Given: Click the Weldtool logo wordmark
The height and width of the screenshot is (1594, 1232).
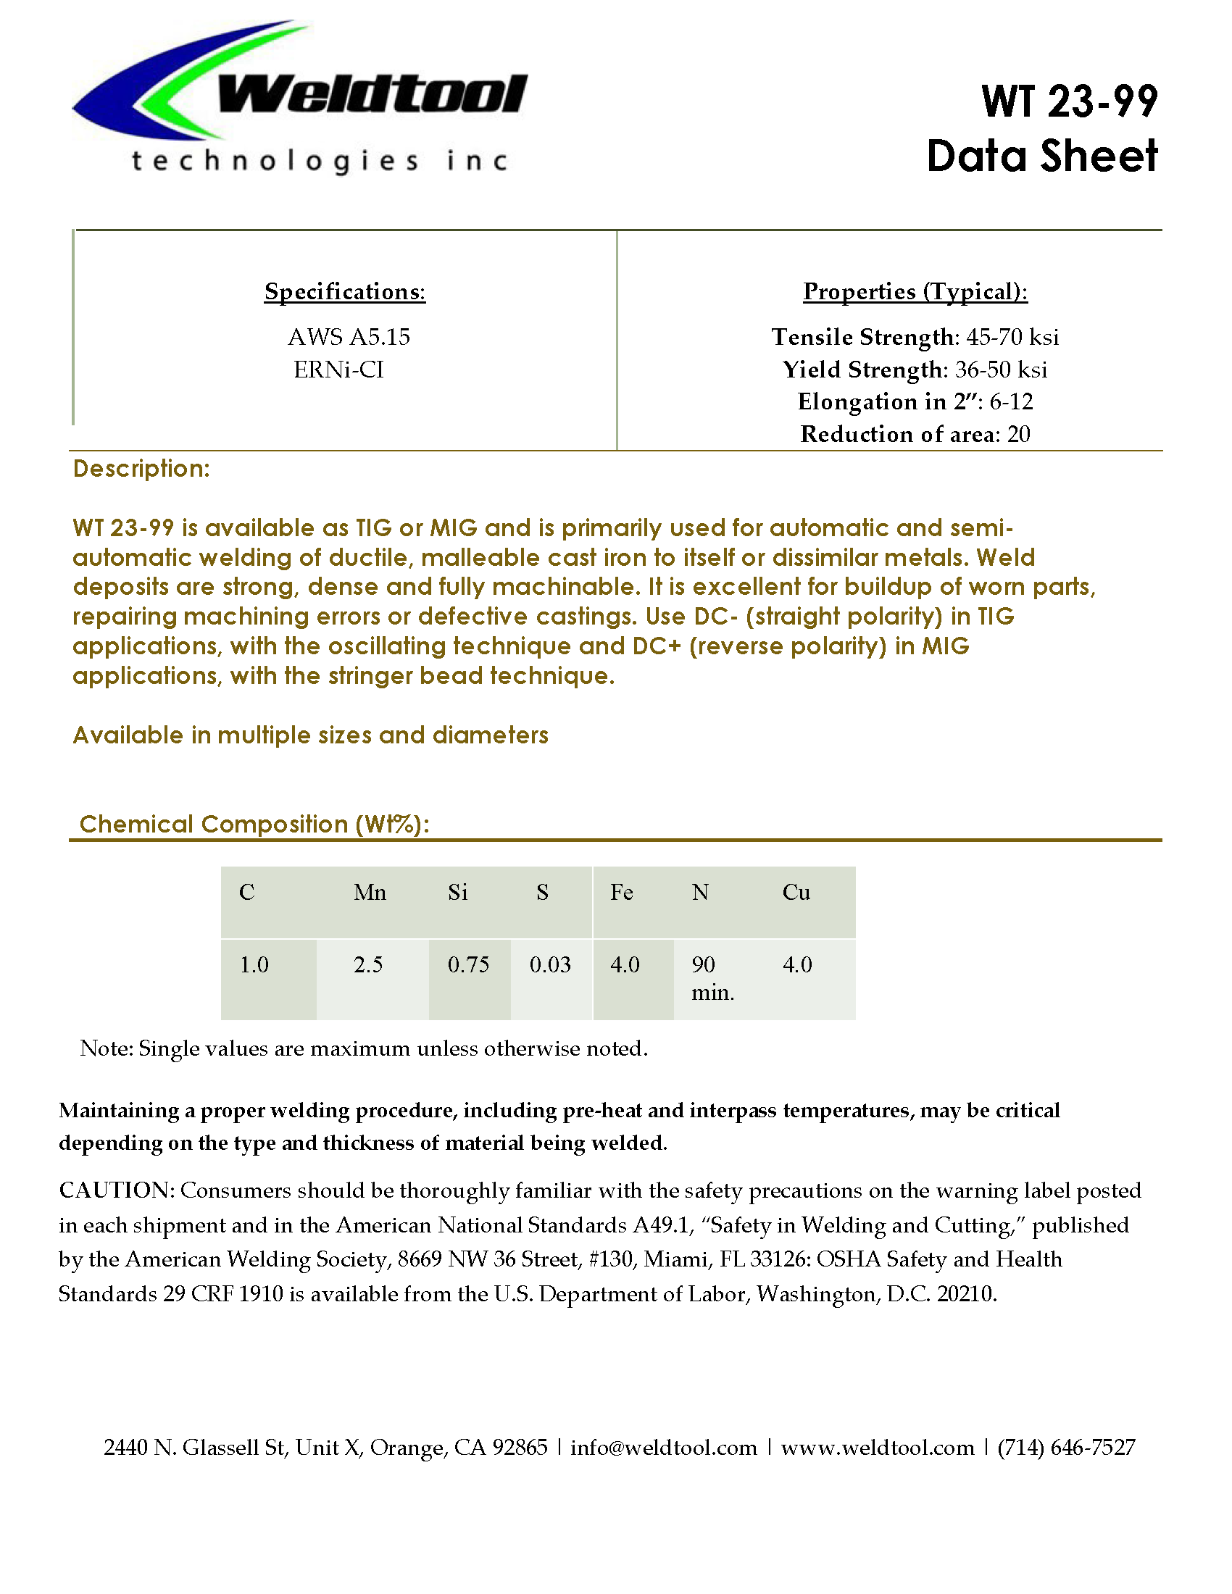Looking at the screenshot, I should coord(372,96).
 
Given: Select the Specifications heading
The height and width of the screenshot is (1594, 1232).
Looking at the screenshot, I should coord(344,291).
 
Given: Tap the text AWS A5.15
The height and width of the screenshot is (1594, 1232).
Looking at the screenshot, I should coord(349,337).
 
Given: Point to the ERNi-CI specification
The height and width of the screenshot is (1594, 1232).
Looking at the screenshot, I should coord(338,370).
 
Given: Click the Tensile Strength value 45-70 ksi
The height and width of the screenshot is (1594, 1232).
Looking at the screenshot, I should coord(1012,337).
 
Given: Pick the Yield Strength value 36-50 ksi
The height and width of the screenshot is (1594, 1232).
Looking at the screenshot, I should coord(1001,370).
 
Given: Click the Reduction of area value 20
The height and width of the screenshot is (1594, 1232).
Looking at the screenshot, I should coord(1018,434).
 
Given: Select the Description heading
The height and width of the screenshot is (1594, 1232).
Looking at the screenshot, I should coord(141,469).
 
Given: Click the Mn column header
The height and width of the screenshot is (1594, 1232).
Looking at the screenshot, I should coord(370,893).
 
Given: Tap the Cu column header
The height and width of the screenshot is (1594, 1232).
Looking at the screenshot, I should coord(796,893).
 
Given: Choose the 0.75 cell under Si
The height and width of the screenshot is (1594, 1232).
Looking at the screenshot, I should coord(469,965).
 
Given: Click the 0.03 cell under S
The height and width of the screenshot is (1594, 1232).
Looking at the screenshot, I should coord(550,965).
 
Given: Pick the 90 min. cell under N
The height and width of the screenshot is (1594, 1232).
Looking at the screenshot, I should coord(712,978).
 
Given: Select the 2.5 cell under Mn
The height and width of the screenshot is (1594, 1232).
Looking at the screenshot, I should coord(369,965).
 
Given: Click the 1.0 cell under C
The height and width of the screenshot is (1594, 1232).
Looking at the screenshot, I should coord(254,965).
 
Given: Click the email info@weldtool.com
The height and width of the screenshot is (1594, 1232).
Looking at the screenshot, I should coord(663,1448).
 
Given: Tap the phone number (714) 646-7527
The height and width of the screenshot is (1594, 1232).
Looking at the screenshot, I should coord(1066,1448).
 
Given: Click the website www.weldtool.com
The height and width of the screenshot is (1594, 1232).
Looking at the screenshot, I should coord(878,1448).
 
